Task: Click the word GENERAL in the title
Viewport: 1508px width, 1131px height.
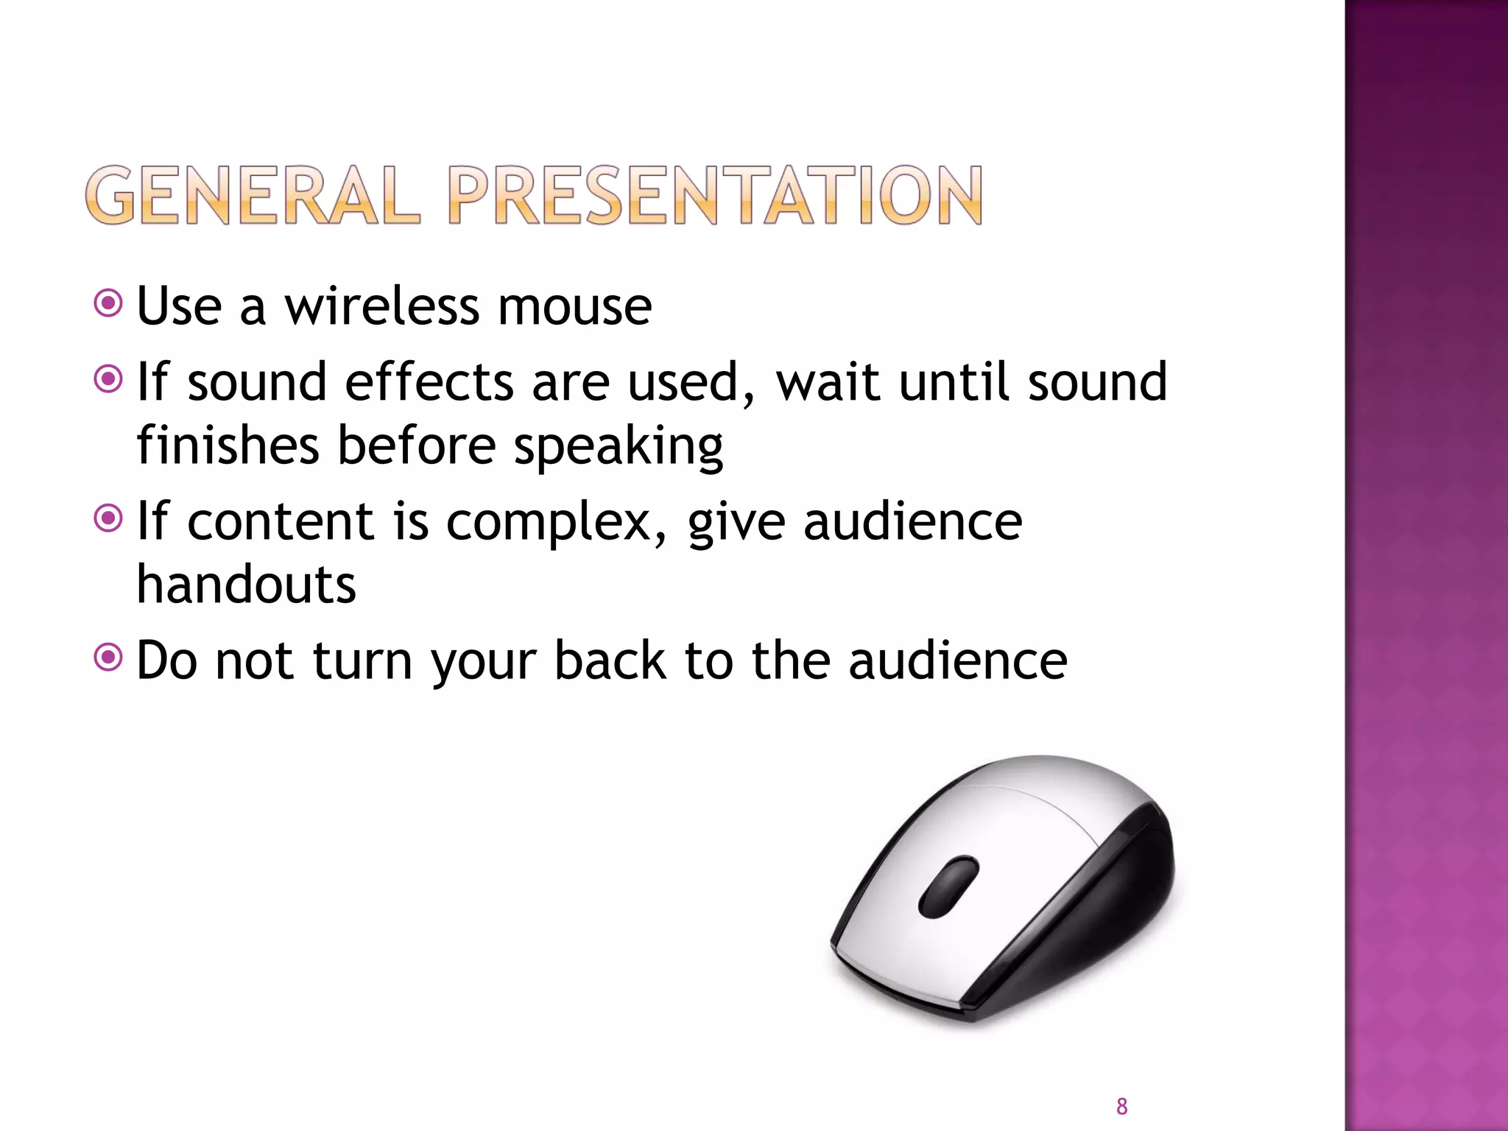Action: (252, 195)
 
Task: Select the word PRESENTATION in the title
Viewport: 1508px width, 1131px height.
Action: (714, 195)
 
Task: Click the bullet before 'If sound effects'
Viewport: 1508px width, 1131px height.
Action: (108, 379)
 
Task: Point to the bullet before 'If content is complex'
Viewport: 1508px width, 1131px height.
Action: (108, 518)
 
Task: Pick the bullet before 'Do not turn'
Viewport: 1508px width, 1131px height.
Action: (108, 657)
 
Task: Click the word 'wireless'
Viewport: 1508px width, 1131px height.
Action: (382, 306)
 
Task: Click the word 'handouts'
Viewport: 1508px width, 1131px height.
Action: (247, 585)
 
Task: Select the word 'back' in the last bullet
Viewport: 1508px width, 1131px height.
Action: (610, 660)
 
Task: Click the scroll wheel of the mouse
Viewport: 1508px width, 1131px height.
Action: (948, 887)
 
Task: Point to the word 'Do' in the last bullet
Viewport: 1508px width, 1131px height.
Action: (167, 660)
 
